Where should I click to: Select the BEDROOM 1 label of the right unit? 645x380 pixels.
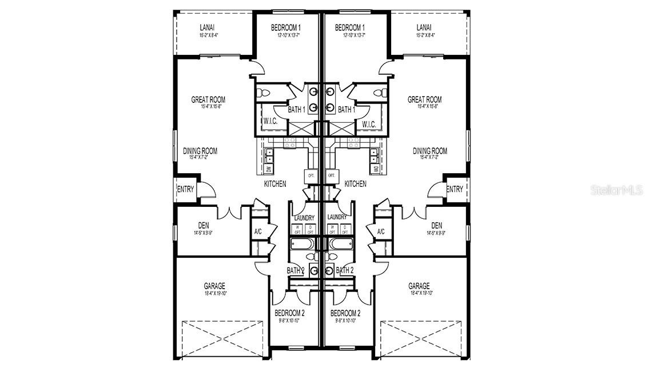(x=350, y=27)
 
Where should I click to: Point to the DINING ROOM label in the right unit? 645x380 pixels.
(x=430, y=151)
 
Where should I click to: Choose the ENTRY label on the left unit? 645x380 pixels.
(x=186, y=189)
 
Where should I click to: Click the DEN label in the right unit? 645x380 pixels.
(x=437, y=225)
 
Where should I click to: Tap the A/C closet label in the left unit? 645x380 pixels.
(x=258, y=231)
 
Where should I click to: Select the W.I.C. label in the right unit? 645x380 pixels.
(x=369, y=123)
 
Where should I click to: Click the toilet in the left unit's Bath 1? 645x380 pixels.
(x=264, y=92)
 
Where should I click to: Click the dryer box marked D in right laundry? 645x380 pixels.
(x=345, y=229)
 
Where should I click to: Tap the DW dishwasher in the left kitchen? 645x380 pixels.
(x=268, y=169)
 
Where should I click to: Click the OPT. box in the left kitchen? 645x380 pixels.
(x=312, y=176)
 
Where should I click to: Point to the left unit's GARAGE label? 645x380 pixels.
(x=214, y=286)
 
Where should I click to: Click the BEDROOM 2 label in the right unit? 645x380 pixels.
(x=345, y=313)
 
